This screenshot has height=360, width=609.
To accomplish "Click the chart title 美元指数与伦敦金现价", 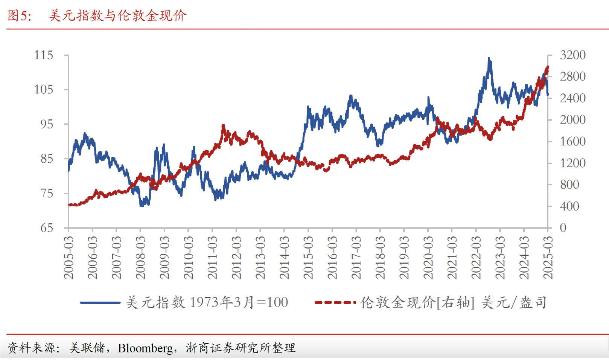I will (117, 15).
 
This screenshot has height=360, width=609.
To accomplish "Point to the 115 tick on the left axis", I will (44, 55).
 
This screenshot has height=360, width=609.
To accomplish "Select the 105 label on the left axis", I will (44, 90).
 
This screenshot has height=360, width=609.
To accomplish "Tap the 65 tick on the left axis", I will (47, 228).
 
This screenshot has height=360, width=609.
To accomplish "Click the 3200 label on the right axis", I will (572, 55).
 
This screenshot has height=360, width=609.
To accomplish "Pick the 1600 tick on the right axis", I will (572, 141).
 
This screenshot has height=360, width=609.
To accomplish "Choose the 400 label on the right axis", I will (569, 206).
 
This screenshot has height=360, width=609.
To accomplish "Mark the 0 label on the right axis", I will (563, 228).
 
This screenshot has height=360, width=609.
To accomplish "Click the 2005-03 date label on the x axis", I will (69, 258).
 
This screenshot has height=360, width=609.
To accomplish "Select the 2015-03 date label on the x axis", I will (308, 258).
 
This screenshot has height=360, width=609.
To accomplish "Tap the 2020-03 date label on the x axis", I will (428, 258).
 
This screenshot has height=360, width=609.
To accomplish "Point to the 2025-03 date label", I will (548, 258).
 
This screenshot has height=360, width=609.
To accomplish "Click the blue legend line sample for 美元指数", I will (100, 302).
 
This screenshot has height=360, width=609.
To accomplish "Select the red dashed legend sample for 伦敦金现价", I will (335, 302).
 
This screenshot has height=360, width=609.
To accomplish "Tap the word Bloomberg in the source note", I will (145, 348).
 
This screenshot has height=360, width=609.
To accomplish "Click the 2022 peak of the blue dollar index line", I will (489, 59).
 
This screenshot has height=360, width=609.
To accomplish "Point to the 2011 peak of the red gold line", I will (223, 126).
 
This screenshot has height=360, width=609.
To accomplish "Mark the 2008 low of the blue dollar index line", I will (142, 205).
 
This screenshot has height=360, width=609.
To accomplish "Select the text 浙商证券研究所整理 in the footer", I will (241, 348).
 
